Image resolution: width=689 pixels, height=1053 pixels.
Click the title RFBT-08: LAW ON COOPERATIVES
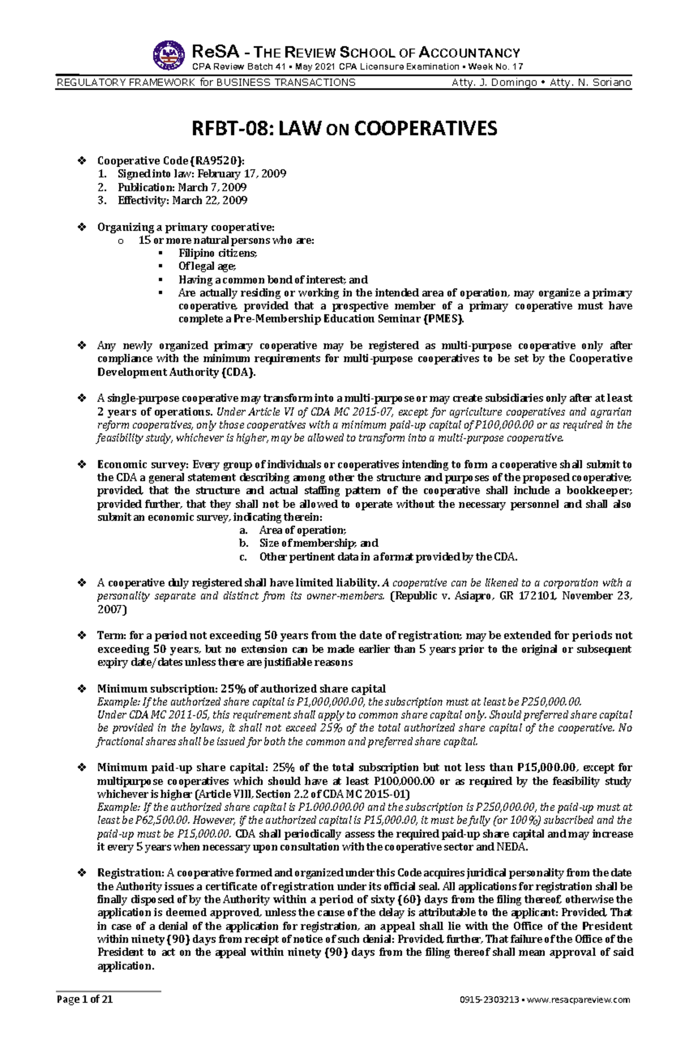coord(344,129)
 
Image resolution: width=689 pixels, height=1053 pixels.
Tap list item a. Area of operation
coord(302,530)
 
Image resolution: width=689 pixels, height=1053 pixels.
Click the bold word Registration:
coord(131,873)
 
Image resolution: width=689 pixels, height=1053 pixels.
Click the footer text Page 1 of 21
coord(84,1015)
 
